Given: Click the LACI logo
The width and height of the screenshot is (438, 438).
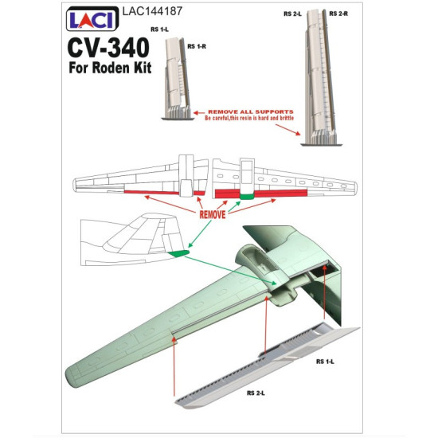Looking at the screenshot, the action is coord(92,19).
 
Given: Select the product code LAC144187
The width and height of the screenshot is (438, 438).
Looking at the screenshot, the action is coord(152,11).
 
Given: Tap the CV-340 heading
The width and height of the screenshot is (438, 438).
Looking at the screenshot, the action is coord(108,48).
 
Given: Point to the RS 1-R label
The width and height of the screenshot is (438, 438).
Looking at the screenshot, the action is coord(197,46).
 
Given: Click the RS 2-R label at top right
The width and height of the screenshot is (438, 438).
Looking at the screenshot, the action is coord(338,14).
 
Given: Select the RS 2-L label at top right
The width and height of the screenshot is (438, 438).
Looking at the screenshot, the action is coord(292,14).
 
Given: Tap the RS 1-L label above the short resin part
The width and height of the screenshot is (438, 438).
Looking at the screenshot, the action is coord(159,29).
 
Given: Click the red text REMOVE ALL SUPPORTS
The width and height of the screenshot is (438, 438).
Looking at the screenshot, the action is coord(251,111).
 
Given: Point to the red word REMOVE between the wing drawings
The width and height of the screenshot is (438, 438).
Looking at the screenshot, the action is coord(213,214).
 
